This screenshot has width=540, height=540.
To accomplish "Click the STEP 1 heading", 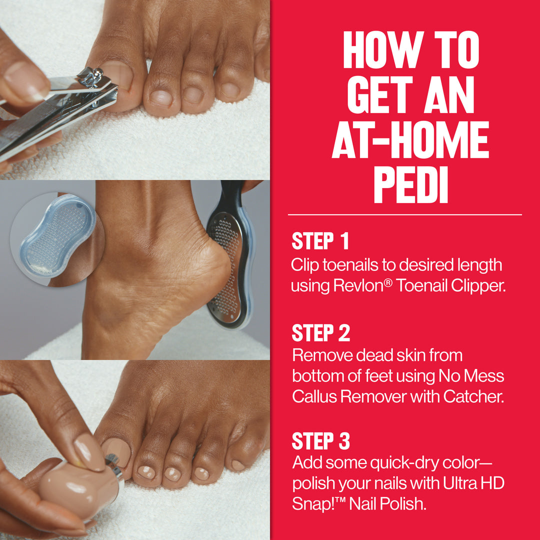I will pos(320,241).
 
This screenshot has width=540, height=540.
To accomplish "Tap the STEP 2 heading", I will pos(321,333).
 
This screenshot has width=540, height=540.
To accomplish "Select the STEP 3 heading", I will pos(321,441).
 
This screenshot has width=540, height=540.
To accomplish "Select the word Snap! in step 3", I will pos(311,503).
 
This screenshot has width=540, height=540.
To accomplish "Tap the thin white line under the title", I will pos(404,215).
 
